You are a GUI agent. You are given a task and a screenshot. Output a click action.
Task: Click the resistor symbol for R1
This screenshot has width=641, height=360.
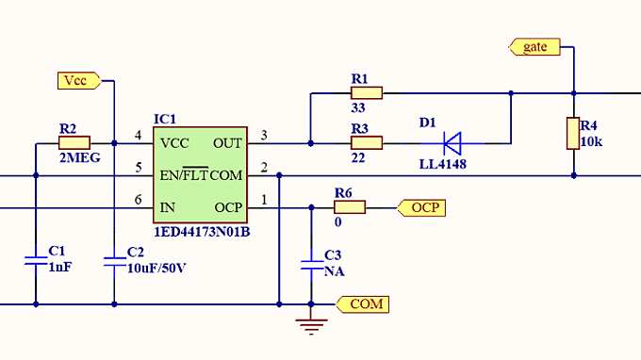click(x=366, y=92)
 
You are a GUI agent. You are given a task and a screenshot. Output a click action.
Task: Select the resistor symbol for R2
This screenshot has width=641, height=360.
click(x=74, y=143)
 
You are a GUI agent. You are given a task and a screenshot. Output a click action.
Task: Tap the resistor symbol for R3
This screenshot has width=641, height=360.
click(x=366, y=143)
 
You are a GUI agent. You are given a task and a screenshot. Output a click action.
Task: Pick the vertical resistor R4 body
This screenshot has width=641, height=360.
click(x=572, y=133)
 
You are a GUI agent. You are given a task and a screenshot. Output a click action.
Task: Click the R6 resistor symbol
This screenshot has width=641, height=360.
click(x=350, y=206)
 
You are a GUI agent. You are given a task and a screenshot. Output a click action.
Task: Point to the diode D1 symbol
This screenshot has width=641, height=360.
click(x=452, y=143)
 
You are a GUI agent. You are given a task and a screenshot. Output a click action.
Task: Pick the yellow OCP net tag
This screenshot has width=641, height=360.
click(x=421, y=207)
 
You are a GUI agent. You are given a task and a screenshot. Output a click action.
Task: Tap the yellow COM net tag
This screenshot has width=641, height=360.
click(x=364, y=303)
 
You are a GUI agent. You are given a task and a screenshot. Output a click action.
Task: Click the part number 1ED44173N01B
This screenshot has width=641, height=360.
click(x=202, y=230)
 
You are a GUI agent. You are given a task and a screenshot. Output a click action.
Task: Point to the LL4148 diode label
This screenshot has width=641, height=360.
click(x=442, y=165)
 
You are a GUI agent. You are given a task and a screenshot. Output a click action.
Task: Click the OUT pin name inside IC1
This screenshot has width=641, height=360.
click(x=227, y=143)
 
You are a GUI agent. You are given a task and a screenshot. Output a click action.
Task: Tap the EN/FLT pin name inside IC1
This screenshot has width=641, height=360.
click(x=184, y=175)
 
